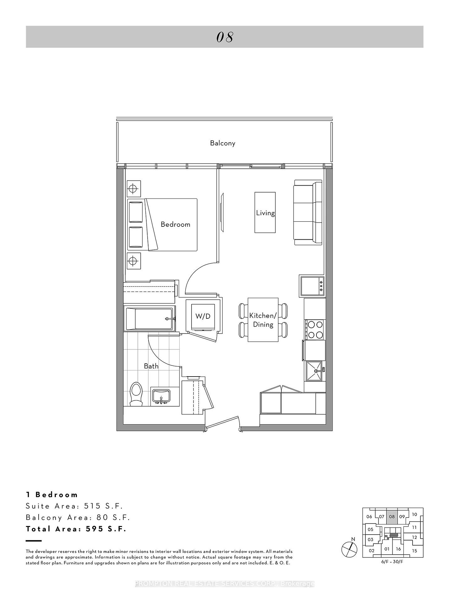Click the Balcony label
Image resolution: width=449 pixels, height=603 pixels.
point(223,143)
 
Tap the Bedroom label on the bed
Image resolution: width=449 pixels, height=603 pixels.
point(176,224)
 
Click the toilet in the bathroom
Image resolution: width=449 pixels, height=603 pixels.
point(136,394)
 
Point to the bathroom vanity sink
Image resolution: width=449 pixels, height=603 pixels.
point(161,396)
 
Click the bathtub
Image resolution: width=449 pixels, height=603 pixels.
point(149,318)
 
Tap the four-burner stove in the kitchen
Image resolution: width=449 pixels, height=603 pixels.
point(315,329)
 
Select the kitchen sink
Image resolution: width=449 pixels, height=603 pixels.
point(314,371)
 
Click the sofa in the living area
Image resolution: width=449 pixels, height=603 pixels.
point(308,212)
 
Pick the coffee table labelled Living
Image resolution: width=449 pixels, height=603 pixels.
point(265,213)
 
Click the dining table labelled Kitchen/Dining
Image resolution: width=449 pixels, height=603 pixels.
point(263,320)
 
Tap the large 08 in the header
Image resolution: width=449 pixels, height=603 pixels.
point(225,37)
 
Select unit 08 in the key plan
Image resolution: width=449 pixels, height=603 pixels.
point(392,517)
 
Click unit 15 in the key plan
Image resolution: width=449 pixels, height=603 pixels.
point(414,551)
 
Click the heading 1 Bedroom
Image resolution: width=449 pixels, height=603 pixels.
point(52,495)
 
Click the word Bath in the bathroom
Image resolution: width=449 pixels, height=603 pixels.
point(151,366)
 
